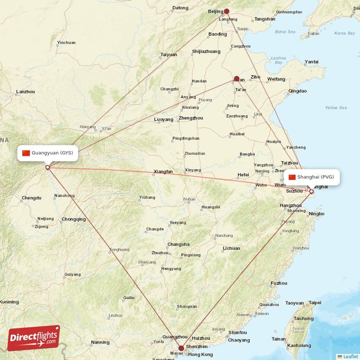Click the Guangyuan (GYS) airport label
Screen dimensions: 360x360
48,153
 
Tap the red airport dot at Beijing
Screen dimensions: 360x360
227,11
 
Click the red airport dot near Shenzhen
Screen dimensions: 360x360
181,348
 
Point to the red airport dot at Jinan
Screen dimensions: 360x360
236,79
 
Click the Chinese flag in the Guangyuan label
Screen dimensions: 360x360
26,153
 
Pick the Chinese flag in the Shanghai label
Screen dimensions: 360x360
292,177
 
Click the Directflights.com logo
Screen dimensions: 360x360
34,338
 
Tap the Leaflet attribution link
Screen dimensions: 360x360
350,356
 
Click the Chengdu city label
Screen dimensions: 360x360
31,198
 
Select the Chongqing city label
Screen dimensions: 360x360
74,219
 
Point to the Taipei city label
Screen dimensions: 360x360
315,303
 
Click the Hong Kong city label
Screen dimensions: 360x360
201,354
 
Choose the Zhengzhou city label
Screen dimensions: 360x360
190,118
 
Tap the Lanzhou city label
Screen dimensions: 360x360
25,92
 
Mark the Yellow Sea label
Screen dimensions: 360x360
336,108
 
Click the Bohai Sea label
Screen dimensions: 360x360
285,31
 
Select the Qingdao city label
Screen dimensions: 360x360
297,91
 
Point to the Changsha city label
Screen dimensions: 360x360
178,244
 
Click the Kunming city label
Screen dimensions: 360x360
9,301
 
